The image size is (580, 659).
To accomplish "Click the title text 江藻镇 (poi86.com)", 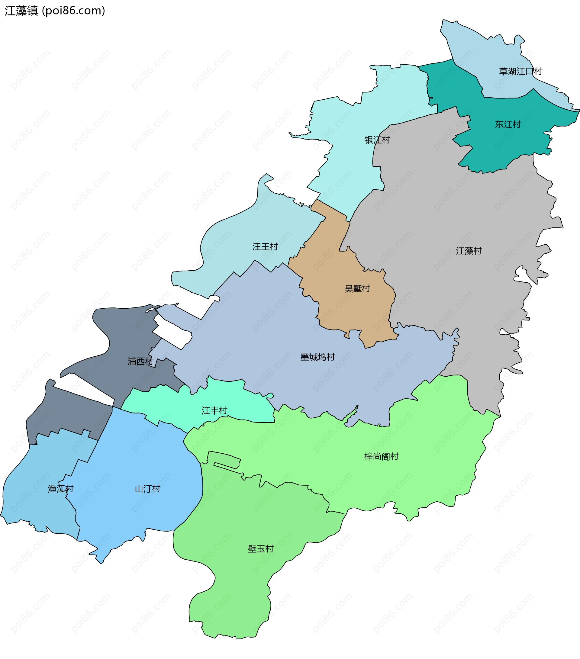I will (55, 11).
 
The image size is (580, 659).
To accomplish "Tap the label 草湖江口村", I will (520, 71).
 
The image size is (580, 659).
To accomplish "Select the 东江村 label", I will (508, 124).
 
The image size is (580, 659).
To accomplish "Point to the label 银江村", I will (377, 140).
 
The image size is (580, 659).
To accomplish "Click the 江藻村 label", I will (469, 251).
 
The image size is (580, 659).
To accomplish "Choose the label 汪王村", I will (265, 247).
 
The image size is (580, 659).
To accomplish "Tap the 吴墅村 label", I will (357, 288).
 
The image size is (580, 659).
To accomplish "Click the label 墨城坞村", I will (317, 357).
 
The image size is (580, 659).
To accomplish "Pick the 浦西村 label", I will (140, 362).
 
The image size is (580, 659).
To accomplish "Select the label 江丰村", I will (214, 410).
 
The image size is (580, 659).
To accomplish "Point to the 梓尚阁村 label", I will (381, 457).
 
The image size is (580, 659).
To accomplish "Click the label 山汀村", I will (147, 489).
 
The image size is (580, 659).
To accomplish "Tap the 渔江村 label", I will (61, 489).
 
